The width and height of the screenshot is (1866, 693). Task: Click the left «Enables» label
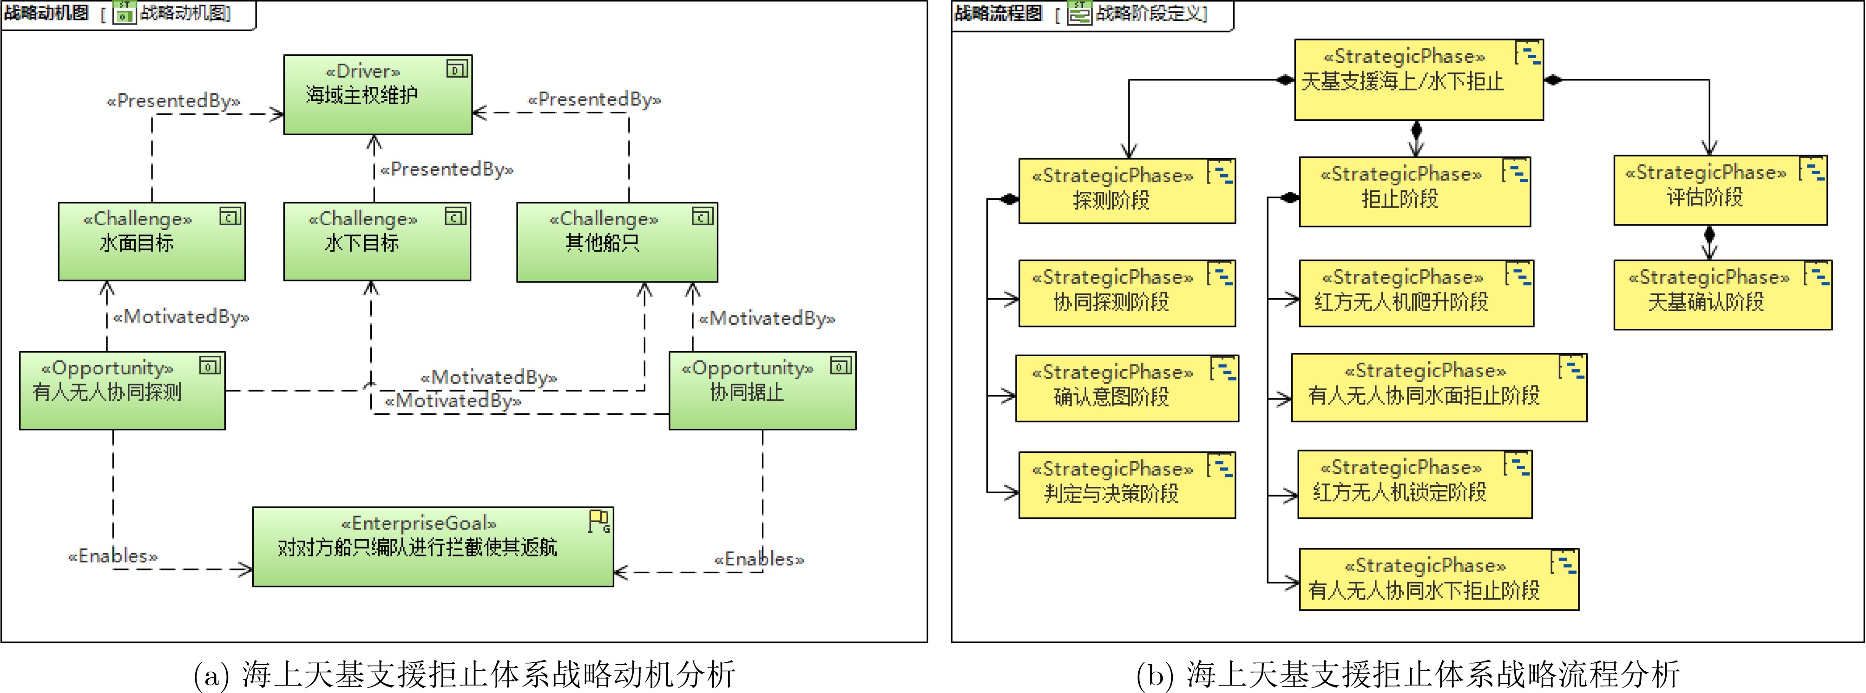[112, 556]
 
